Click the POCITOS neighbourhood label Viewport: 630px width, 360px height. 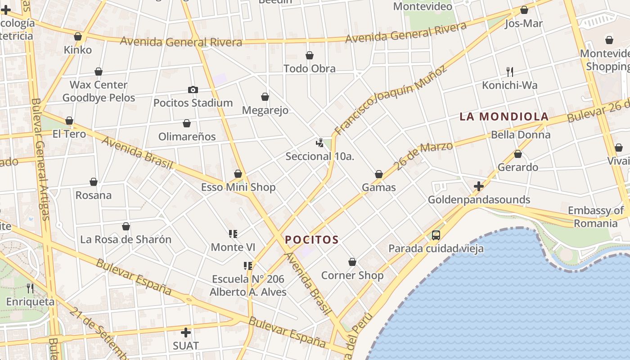(x=311, y=240)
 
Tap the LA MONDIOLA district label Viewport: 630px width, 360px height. (x=504, y=117)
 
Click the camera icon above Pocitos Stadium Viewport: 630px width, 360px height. (x=193, y=90)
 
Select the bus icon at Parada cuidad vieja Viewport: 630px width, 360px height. (x=436, y=235)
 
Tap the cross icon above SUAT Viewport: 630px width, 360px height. (x=185, y=333)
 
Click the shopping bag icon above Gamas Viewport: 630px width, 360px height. (x=379, y=175)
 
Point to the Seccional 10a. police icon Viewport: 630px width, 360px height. (x=320, y=144)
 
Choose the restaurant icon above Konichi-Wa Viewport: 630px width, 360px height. (x=510, y=72)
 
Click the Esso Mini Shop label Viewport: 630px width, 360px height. (x=238, y=187)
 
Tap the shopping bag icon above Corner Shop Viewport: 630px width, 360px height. (x=352, y=262)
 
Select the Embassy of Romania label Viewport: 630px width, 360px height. (x=596, y=217)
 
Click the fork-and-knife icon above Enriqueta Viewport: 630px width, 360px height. (x=30, y=288)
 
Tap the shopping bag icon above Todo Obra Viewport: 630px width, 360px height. (x=310, y=56)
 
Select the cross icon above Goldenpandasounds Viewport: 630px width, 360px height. (x=479, y=186)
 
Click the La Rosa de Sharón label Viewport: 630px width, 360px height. (x=126, y=239)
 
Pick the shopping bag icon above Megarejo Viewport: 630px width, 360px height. (x=265, y=97)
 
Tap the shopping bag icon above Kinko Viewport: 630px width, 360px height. (x=78, y=37)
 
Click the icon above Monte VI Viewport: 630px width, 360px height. (x=233, y=234)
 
